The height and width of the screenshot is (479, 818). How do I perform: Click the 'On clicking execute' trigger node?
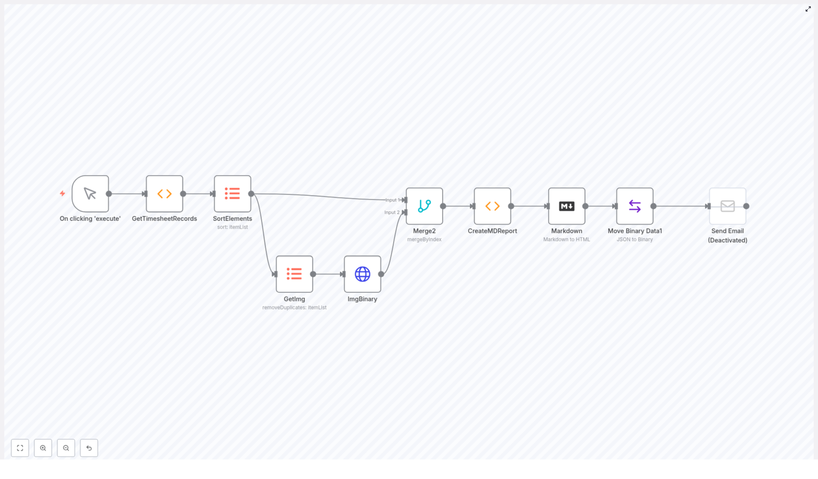(x=90, y=194)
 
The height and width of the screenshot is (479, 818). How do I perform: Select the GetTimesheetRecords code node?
(x=164, y=194)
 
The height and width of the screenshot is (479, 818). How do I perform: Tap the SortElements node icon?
(x=232, y=194)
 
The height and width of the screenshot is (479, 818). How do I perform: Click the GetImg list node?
(x=294, y=274)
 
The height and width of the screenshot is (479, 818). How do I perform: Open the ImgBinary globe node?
(x=362, y=274)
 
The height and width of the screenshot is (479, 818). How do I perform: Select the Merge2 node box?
(x=424, y=206)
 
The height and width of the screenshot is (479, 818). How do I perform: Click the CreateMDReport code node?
(x=492, y=206)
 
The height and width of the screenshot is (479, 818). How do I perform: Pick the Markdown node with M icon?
(x=566, y=206)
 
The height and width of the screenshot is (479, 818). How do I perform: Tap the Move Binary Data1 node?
(x=634, y=206)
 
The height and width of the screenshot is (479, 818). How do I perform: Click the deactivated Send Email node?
(x=728, y=206)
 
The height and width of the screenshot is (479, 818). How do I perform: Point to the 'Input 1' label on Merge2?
(x=392, y=200)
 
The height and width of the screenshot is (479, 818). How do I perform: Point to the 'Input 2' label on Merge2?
(x=392, y=212)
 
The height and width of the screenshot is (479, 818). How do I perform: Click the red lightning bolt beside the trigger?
(x=62, y=194)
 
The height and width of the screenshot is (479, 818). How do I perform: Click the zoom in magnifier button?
(x=43, y=448)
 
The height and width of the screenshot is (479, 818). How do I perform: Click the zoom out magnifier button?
(x=66, y=448)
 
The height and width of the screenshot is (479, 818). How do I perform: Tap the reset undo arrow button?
(x=89, y=448)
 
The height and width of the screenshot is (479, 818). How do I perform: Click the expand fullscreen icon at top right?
(x=808, y=9)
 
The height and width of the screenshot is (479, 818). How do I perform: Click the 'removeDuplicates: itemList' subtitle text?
(x=294, y=307)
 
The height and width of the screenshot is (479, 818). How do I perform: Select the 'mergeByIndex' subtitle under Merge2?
(x=424, y=240)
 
